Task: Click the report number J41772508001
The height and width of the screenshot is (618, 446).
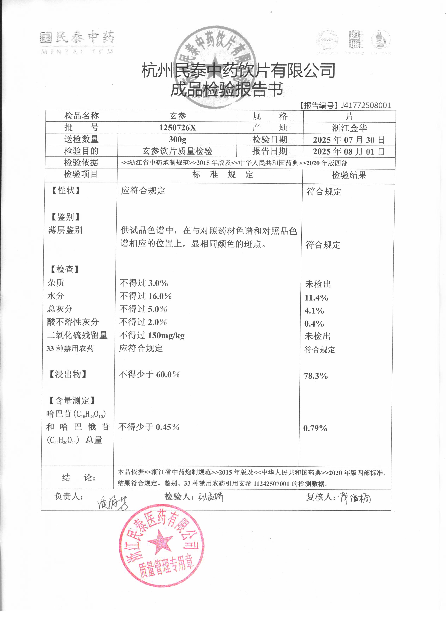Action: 366,105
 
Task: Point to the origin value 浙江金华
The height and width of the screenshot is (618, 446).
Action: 349,128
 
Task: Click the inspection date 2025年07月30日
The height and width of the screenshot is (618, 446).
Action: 349,140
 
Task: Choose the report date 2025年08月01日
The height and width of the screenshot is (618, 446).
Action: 349,152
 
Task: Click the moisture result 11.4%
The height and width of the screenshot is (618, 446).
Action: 316,298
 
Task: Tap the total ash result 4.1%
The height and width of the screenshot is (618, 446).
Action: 314,311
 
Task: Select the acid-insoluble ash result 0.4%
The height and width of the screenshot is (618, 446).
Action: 314,324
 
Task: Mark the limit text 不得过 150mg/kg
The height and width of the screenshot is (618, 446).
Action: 152,335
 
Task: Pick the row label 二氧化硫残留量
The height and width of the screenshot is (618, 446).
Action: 77,335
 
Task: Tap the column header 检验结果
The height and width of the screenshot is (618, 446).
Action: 349,175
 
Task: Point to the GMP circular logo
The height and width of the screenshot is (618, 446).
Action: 327,40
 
